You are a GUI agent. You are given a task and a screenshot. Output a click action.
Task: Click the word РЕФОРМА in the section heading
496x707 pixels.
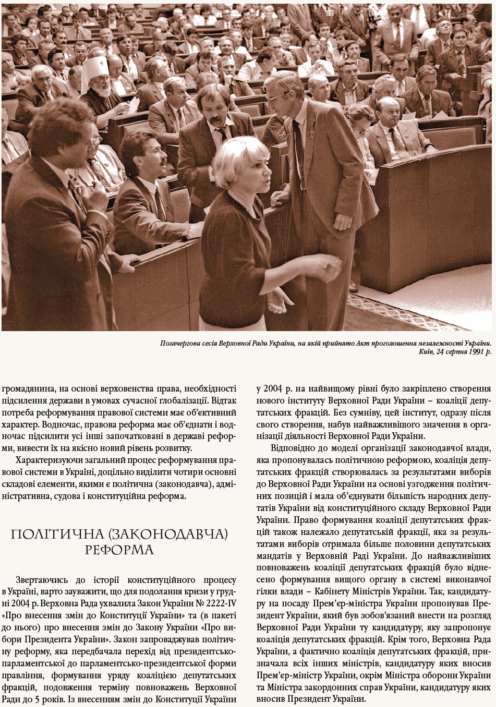tap(119, 550)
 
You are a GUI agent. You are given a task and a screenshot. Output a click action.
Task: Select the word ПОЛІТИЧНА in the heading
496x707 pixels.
tap(45, 534)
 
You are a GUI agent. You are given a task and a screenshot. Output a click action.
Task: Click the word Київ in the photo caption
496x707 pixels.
tap(427, 352)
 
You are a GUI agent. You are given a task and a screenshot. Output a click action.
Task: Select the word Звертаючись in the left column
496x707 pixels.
tap(42, 580)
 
